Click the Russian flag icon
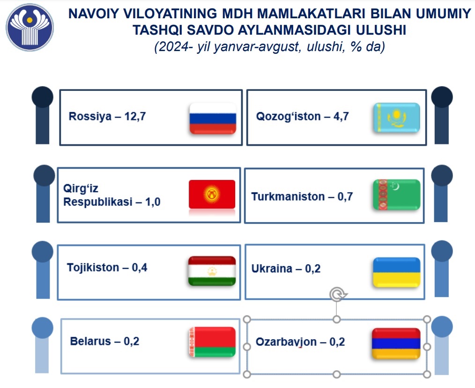pos(213,119)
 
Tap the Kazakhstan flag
pos(397,118)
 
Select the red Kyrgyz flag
pos(212,194)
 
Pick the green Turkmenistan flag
pos(397,194)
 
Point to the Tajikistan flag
pos(212,271)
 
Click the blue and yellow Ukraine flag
pos(397,272)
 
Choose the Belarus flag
pos(212,342)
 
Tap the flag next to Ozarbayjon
pos(396,343)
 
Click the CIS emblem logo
pos(30,27)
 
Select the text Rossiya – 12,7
pos(107,116)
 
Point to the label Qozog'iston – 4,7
pos(302,116)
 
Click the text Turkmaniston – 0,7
pos(302,196)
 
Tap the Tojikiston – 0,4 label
pos(107,268)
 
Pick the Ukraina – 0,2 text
pos(286,269)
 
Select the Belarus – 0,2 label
pos(104,341)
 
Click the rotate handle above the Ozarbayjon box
pos(336,294)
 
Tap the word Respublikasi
pos(97,201)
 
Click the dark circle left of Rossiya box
pos(43,97)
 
